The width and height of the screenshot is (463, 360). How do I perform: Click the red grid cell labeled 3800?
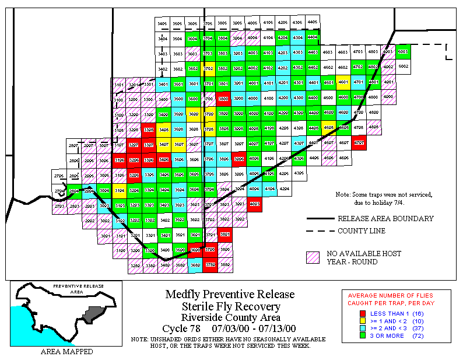coord(223,98)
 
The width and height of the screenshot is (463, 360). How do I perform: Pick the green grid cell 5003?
coord(402,51)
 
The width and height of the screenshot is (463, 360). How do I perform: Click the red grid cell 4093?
coord(254,204)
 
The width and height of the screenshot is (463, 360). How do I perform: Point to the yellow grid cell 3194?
coord(120,189)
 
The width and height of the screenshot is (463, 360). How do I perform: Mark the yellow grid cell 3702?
coord(208,68)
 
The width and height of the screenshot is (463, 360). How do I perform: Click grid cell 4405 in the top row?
coord(313,22)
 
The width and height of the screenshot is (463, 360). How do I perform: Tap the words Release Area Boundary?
coord(385,219)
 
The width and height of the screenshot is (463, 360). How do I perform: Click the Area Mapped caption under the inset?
coord(66,352)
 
